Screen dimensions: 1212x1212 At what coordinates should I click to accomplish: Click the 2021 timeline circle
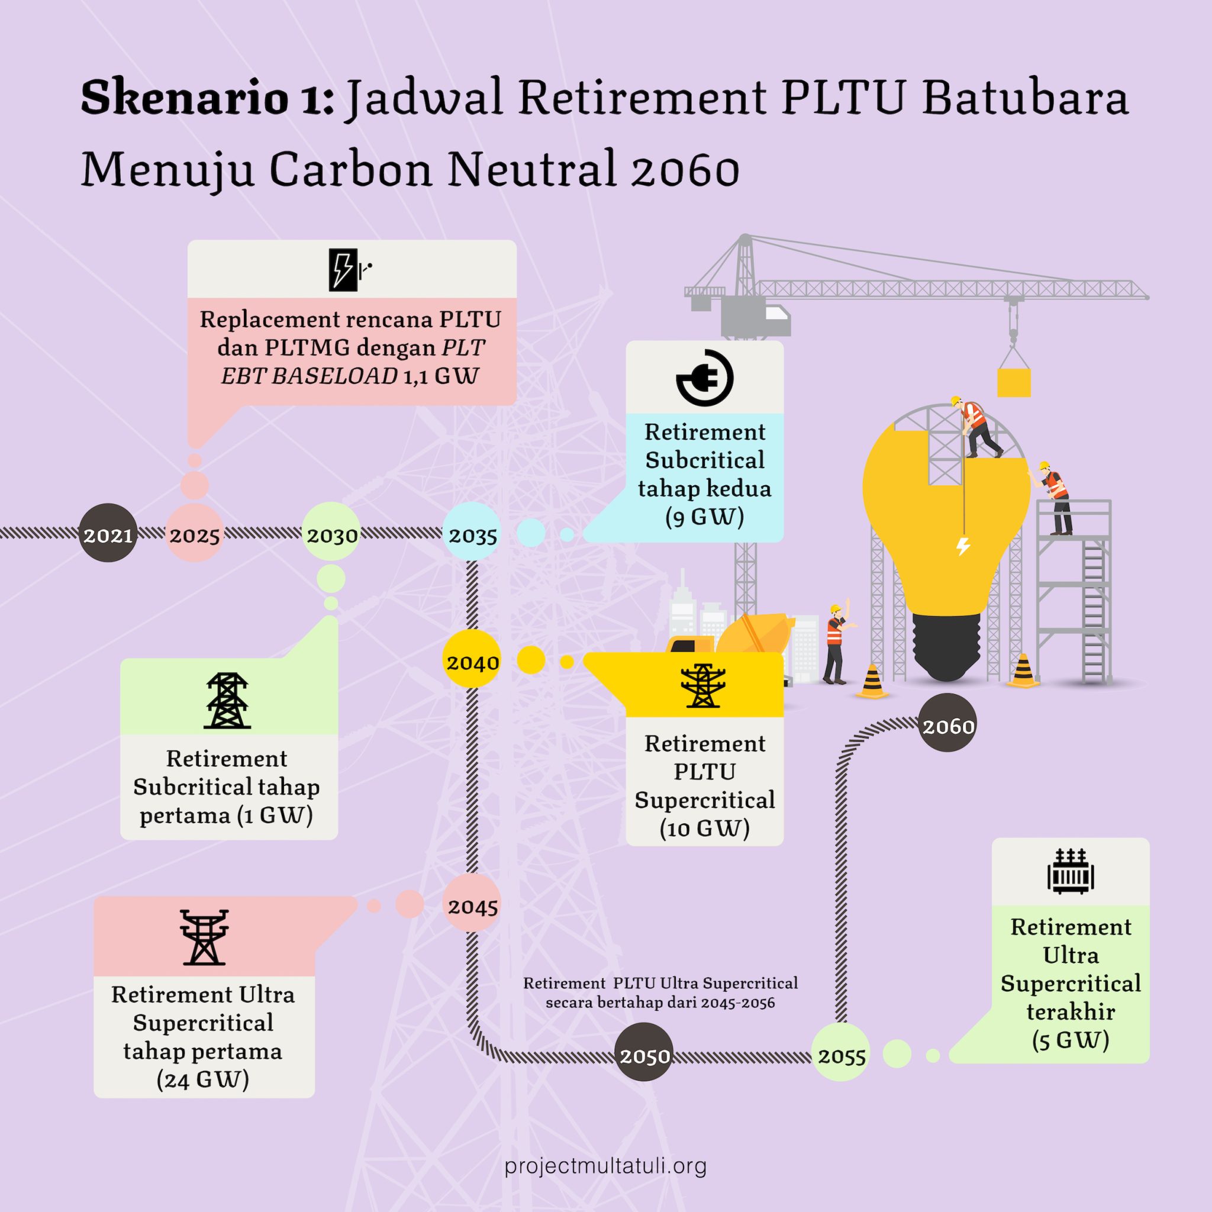coord(108,533)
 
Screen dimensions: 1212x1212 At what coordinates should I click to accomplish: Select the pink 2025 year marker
coord(195,533)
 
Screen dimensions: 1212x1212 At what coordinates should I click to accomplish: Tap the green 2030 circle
coord(331,533)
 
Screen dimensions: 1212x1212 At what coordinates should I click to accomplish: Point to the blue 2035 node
coord(472,534)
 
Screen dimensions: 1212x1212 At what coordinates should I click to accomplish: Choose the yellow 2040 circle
coord(472,661)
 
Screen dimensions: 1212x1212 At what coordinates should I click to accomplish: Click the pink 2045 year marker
coord(472,905)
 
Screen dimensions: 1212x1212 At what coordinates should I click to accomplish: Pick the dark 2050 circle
coord(644,1056)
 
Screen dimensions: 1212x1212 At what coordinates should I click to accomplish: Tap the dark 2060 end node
coord(947,726)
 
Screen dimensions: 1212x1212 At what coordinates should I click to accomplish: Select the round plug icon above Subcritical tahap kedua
coord(704,378)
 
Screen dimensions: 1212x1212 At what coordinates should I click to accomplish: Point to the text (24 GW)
coord(202,1078)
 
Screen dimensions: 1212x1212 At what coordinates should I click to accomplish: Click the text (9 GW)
coord(704,516)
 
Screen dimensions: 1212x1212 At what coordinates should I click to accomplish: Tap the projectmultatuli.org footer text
coord(605,1166)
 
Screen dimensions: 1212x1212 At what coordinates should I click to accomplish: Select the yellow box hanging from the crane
coord(1014,382)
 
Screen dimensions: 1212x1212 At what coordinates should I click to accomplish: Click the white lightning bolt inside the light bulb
coord(963,546)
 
